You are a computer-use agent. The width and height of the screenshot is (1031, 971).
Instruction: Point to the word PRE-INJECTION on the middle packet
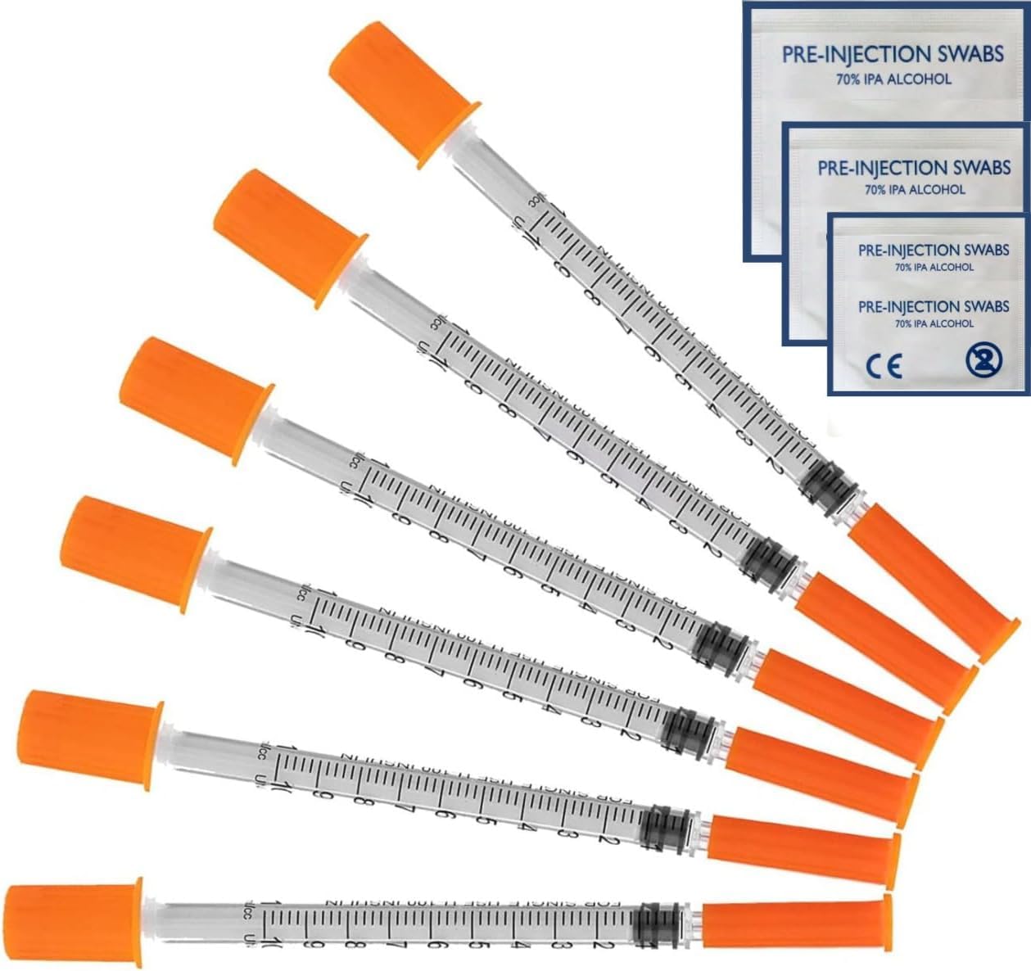coord(871,169)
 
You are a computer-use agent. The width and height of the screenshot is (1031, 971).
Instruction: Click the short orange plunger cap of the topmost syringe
coord(399,92)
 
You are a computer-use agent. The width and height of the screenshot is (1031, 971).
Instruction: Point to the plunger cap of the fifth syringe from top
coord(85,740)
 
